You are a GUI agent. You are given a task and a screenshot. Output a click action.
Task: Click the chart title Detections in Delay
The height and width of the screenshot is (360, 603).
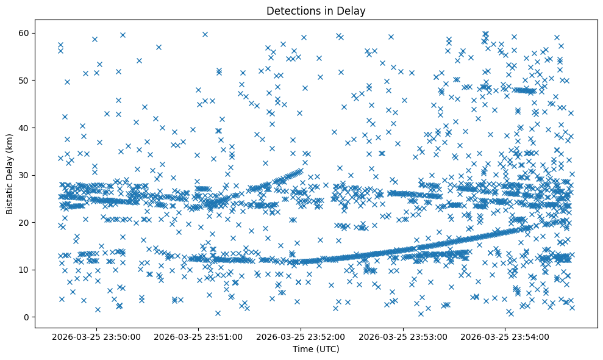316,10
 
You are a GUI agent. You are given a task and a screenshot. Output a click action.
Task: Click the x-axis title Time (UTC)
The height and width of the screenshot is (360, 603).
316,349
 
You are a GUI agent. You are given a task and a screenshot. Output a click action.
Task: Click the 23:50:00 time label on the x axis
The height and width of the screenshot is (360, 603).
96,336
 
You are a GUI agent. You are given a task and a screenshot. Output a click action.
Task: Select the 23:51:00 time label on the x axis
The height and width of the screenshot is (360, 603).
199,336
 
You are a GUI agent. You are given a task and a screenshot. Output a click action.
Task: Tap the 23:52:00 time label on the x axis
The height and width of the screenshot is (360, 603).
301,336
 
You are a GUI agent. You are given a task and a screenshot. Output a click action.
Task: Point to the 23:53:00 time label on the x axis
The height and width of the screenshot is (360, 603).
403,336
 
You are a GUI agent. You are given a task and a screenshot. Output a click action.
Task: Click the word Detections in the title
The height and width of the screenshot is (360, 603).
292,10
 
